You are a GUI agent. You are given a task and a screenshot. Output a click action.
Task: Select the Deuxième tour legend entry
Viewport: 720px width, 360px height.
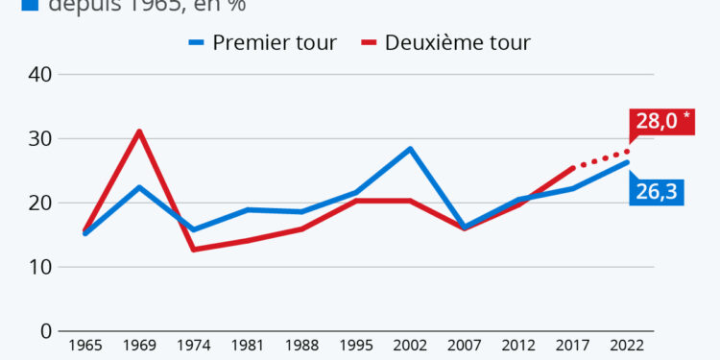(x=446, y=42)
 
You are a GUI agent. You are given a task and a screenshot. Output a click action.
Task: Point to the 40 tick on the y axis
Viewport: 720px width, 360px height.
(x=39, y=74)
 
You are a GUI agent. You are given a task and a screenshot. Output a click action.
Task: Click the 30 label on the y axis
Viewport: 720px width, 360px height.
(x=39, y=138)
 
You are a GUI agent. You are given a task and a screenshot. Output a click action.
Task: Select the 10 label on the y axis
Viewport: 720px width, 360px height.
(x=39, y=267)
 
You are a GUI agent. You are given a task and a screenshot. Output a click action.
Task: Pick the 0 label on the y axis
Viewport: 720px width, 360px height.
(x=45, y=331)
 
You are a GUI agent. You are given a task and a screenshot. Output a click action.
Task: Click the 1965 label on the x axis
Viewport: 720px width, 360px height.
(x=84, y=347)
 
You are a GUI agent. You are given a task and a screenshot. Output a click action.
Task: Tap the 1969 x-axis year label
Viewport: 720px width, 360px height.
(x=139, y=347)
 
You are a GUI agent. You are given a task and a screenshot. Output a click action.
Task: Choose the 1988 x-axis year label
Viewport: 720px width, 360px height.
(x=301, y=347)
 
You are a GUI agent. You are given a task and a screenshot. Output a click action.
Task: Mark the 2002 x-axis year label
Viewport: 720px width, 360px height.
(x=410, y=347)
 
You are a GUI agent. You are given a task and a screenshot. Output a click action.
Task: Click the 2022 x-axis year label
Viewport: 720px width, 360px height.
(x=627, y=347)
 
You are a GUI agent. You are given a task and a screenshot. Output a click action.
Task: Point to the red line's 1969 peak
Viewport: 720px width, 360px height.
(x=139, y=132)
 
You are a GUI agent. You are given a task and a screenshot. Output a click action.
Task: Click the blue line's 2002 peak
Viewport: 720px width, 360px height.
(x=410, y=149)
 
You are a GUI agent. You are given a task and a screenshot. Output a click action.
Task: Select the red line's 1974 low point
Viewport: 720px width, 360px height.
(x=193, y=250)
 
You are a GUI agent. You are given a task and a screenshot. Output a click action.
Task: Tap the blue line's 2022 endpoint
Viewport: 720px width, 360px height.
(x=627, y=162)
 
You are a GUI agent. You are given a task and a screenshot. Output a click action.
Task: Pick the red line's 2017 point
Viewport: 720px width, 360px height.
(x=573, y=168)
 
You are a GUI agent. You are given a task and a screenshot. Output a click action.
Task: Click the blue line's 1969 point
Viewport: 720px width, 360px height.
(x=139, y=187)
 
